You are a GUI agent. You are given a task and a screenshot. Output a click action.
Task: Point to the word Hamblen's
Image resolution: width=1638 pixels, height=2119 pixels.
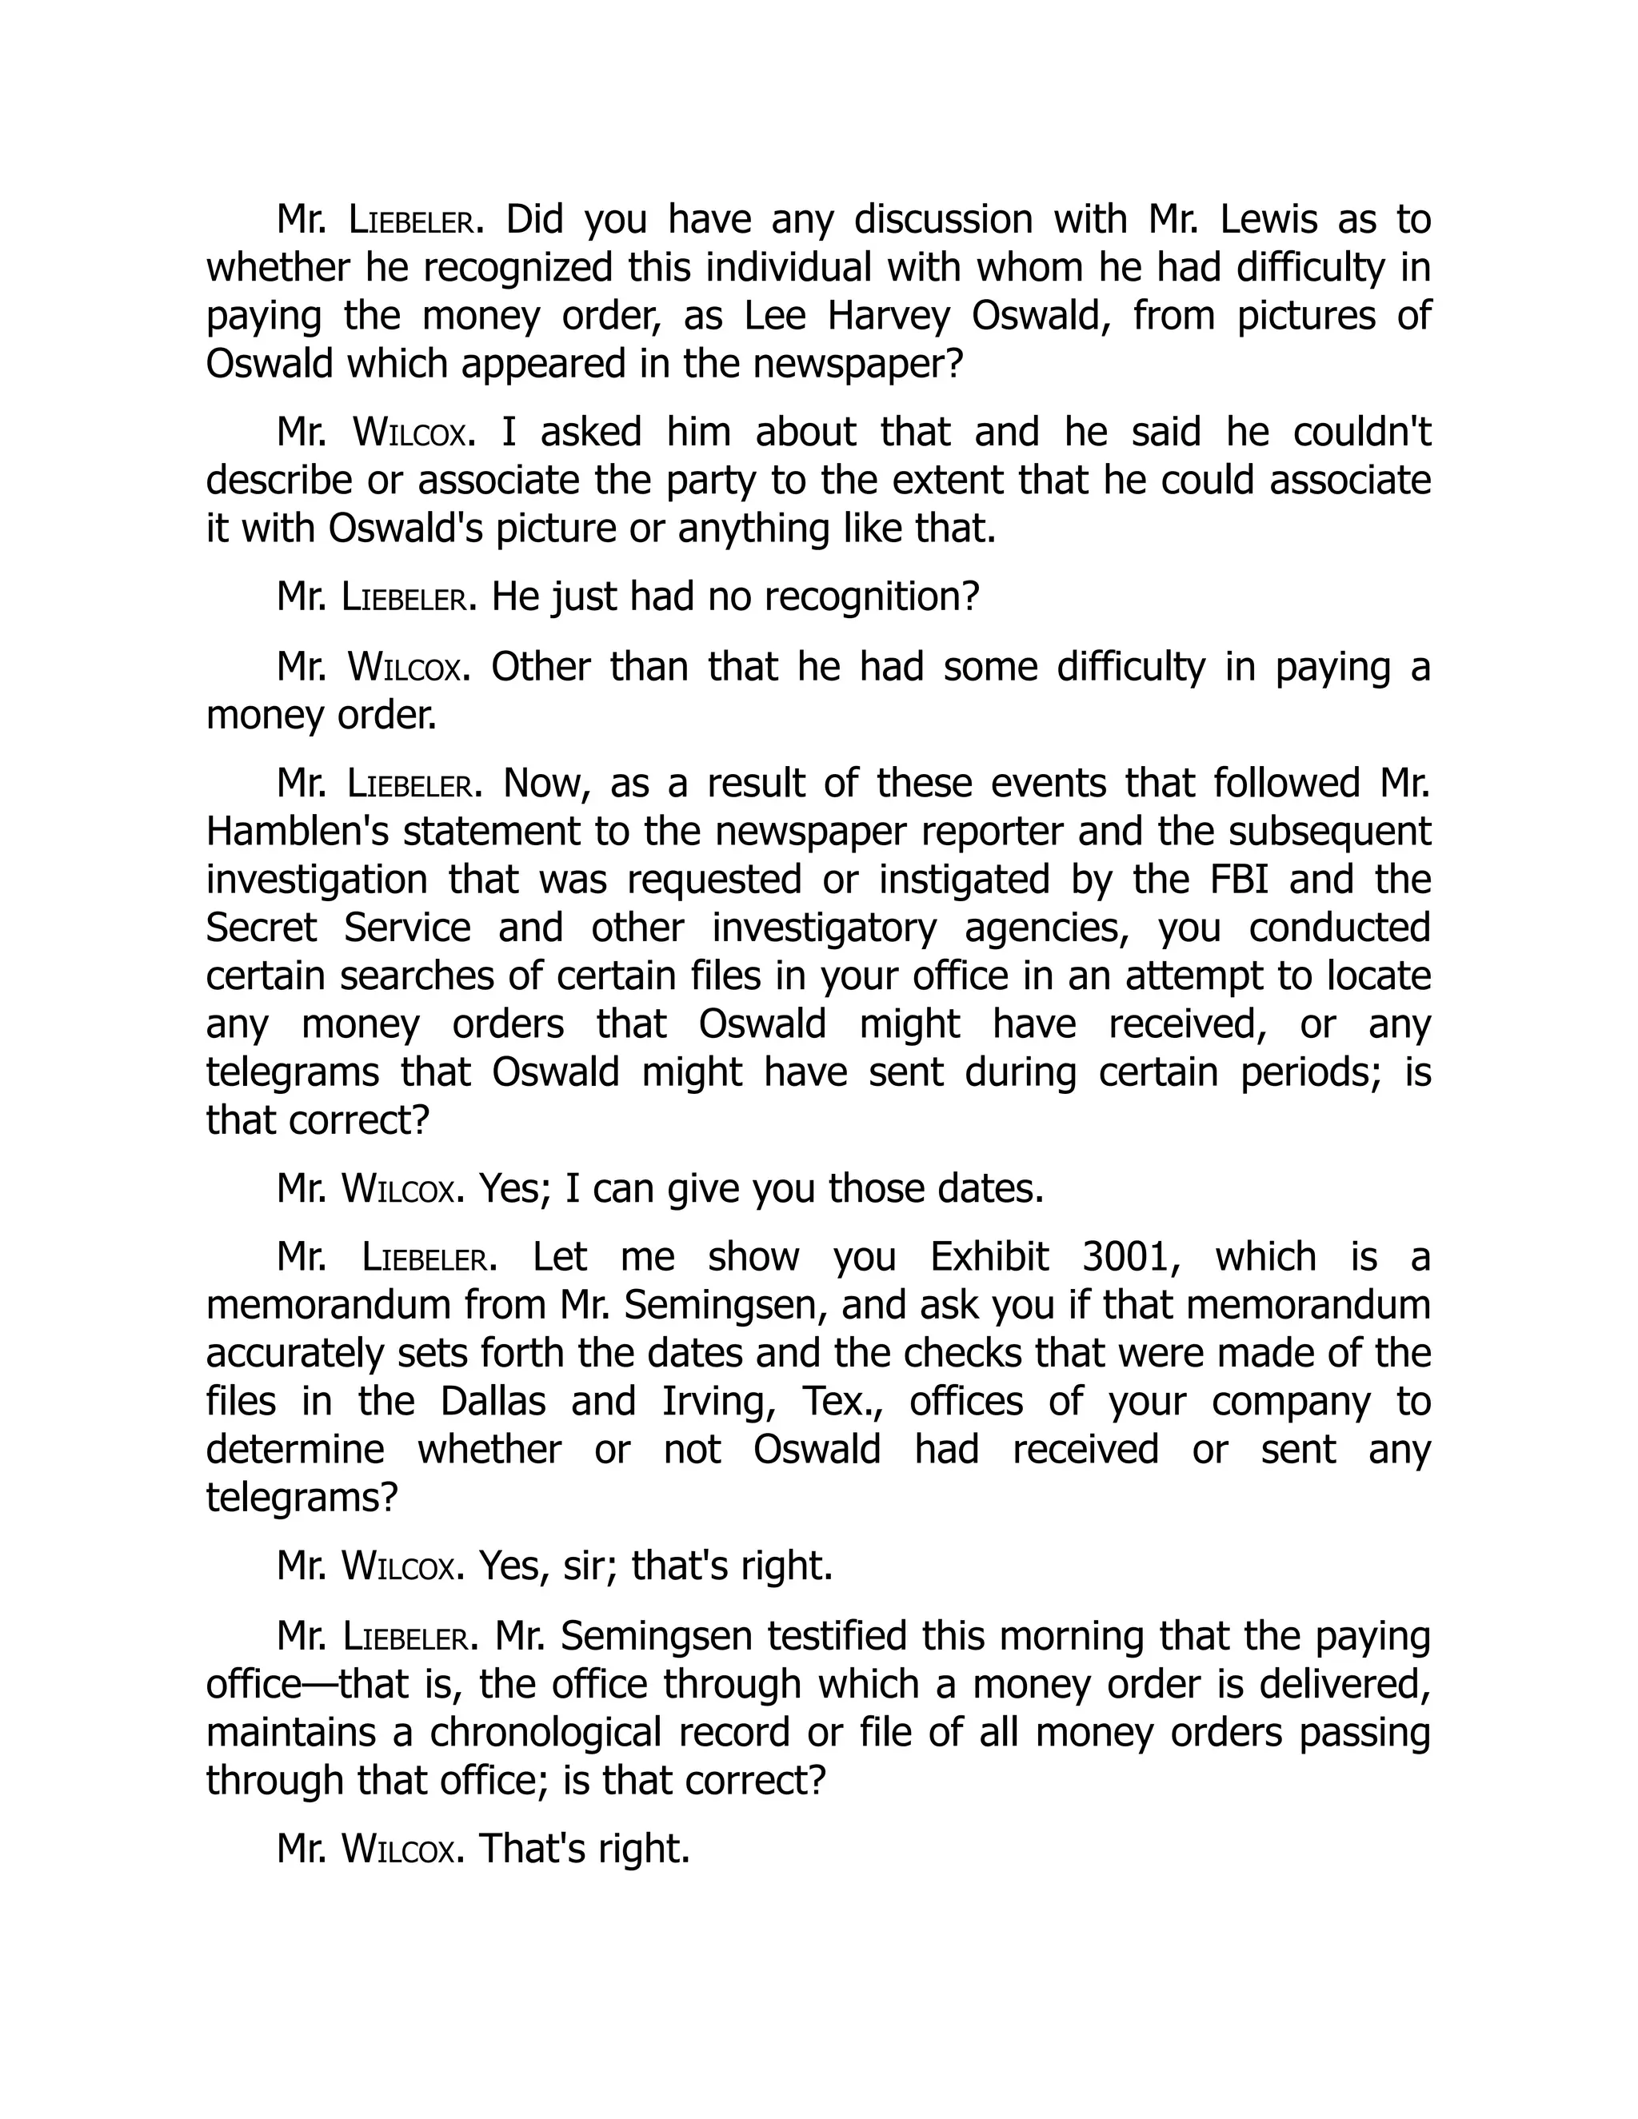(294, 832)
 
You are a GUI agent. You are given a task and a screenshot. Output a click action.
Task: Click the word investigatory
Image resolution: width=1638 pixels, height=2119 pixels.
(824, 928)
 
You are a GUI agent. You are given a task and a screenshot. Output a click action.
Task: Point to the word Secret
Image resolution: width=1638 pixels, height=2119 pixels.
(261, 928)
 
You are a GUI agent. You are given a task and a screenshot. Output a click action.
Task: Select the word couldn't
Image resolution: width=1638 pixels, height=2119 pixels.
(1361, 433)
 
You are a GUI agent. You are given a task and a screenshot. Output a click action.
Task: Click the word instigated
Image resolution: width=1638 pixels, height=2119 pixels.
(964, 880)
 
